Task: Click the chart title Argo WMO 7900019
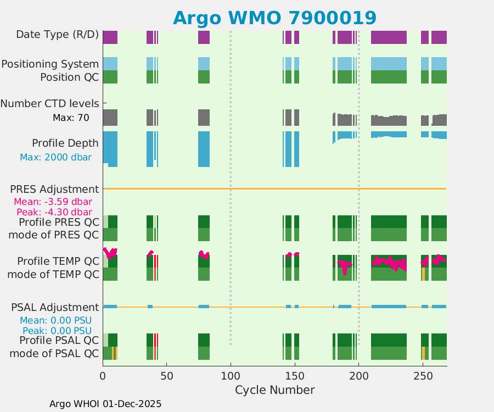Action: (x=274, y=18)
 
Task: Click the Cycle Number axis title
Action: (x=274, y=390)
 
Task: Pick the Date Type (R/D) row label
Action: (x=57, y=35)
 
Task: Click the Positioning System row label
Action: (x=50, y=64)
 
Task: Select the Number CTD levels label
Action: (x=49, y=103)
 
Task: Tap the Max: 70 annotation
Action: (x=71, y=118)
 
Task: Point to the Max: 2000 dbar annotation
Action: (x=55, y=157)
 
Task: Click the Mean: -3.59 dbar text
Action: (x=53, y=201)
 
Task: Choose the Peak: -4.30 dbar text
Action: (x=53, y=212)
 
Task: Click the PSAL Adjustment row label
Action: (x=55, y=307)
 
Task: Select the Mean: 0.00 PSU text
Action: (x=55, y=320)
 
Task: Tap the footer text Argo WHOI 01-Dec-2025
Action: (x=105, y=404)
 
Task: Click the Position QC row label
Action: (x=69, y=77)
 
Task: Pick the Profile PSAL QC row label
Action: (x=54, y=341)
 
